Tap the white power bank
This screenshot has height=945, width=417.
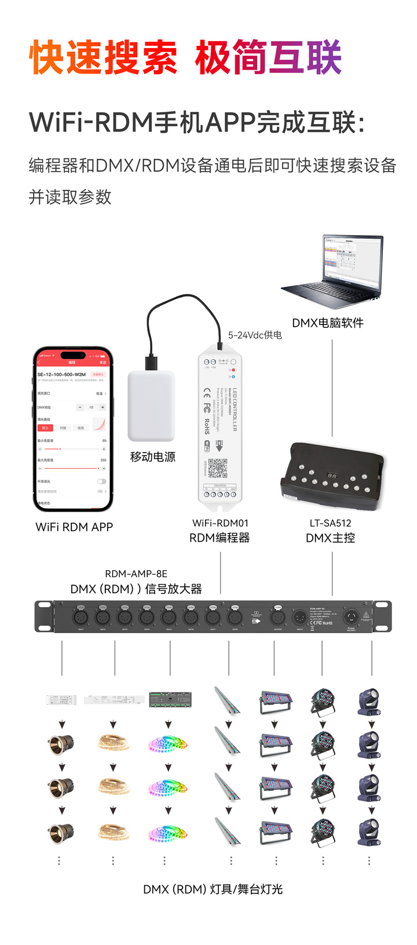151,406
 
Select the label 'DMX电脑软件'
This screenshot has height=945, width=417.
328,323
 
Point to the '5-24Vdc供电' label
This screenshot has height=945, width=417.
255,335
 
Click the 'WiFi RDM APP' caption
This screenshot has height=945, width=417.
74,527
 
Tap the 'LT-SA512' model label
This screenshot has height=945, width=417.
330,523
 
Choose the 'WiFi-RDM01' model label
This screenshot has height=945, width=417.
220,523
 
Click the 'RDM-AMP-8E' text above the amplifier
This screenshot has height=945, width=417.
136,574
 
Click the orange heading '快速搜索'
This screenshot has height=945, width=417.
103,58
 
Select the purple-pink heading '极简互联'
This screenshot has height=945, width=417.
268,58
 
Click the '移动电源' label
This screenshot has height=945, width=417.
153,457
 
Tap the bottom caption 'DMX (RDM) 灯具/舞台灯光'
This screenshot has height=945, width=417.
213,889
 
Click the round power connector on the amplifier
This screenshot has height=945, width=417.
350,616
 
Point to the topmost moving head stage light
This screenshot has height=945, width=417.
368,702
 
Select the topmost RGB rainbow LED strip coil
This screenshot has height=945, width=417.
168,743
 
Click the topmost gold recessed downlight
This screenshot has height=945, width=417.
61,743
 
